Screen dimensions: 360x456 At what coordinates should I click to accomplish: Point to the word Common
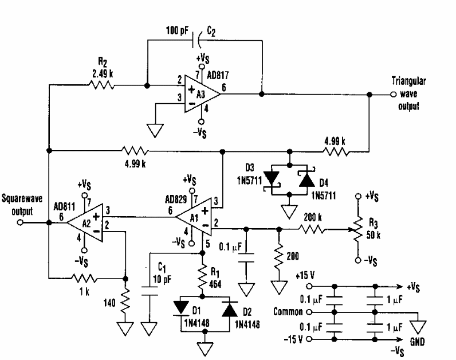286,312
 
